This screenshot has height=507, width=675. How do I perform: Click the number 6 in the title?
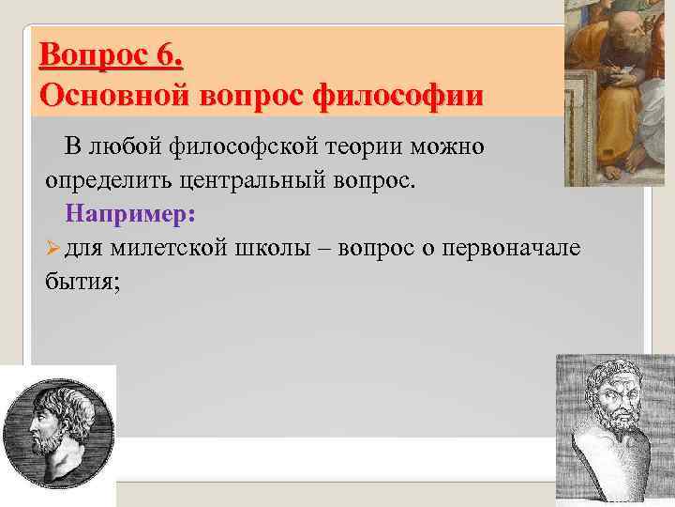(x=170, y=57)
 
